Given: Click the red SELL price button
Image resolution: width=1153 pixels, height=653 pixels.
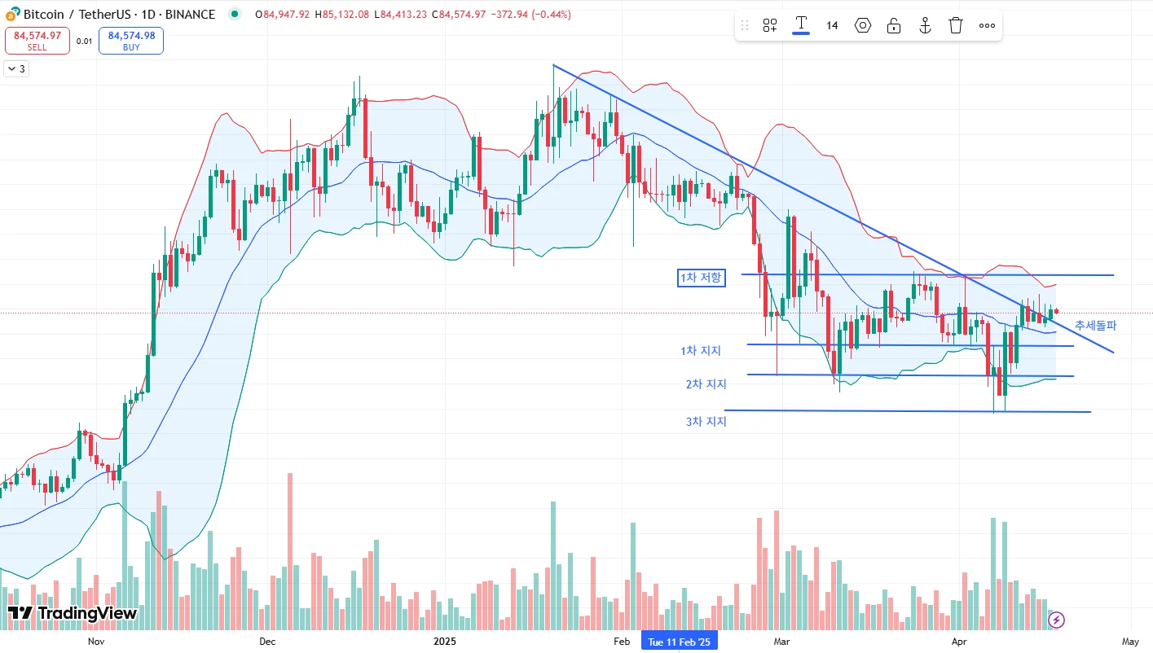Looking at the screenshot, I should [x=37, y=40].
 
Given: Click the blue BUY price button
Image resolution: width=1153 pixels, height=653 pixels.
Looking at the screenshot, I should [x=131, y=40].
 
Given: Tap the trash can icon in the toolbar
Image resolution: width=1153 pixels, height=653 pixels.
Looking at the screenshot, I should [x=956, y=25].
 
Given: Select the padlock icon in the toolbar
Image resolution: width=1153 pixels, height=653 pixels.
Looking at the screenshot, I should [x=894, y=25].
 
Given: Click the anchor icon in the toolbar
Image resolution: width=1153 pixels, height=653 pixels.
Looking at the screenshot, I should [x=925, y=25].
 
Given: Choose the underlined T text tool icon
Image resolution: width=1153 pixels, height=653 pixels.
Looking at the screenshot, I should [x=801, y=24].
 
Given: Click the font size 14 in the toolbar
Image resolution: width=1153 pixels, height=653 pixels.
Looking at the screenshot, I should [x=832, y=25].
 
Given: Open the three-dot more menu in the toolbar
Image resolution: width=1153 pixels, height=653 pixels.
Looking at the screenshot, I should [x=987, y=25].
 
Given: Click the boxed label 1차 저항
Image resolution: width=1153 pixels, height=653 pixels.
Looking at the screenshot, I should [x=701, y=278].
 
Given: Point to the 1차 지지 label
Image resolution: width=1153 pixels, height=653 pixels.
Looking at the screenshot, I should [x=701, y=351].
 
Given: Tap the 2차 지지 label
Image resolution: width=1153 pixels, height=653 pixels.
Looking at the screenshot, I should [x=706, y=384].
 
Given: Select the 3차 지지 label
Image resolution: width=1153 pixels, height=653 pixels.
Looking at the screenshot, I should [x=706, y=422].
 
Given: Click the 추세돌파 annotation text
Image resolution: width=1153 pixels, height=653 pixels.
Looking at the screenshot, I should [x=1095, y=326].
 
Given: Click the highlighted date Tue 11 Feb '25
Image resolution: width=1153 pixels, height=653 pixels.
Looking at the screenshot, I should [x=679, y=642].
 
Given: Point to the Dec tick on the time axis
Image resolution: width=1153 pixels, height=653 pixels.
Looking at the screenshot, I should [x=267, y=642].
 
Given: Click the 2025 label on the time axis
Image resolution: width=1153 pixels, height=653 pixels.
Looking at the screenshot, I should [x=445, y=642].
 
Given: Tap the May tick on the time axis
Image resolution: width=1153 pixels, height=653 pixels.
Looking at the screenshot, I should [x=1130, y=642].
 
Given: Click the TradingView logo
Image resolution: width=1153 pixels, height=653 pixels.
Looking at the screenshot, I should [x=72, y=613].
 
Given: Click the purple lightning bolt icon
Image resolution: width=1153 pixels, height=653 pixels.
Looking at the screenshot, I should [x=1056, y=620].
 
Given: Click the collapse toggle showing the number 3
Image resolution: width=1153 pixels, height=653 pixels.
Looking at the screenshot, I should [x=16, y=69].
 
